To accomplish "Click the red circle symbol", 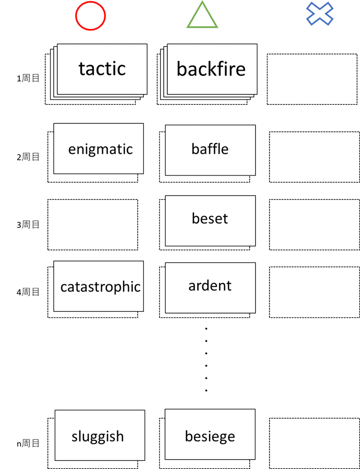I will point(91,16).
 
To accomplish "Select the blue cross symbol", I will point(320,14).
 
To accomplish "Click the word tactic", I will point(102,68).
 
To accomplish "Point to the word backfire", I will point(211,69).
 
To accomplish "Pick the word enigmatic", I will point(100,149).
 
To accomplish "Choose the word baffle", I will point(210,149).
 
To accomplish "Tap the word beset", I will point(210,218).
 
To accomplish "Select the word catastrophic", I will point(100,286).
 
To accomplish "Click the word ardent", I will point(210,285).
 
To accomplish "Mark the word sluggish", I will point(98,436).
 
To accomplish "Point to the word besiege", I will point(210,436).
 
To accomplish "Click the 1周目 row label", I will point(28,78).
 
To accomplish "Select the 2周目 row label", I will point(28,157).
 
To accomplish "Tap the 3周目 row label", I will point(28,224).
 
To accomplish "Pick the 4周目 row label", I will point(28,292).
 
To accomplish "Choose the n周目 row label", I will point(28,444).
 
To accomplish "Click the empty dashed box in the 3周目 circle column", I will point(93,224).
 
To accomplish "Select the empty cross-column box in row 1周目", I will point(312,79).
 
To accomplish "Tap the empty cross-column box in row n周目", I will point(314,443).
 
